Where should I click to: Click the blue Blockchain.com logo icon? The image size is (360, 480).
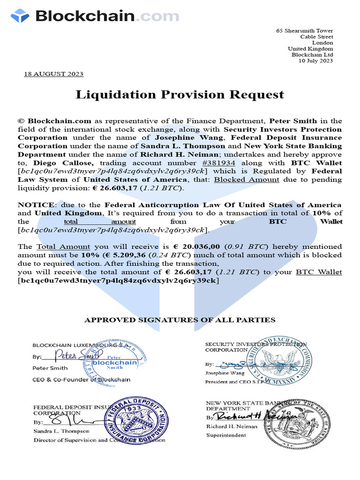point(20,16)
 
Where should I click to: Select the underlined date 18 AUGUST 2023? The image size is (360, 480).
point(53,74)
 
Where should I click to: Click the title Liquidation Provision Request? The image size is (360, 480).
point(180,94)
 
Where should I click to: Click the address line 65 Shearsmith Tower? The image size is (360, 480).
point(305,30)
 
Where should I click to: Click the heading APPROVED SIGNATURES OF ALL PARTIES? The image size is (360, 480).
point(180,320)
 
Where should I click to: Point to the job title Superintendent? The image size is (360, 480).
point(226,435)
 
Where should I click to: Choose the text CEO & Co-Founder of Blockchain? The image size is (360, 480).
point(81,379)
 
